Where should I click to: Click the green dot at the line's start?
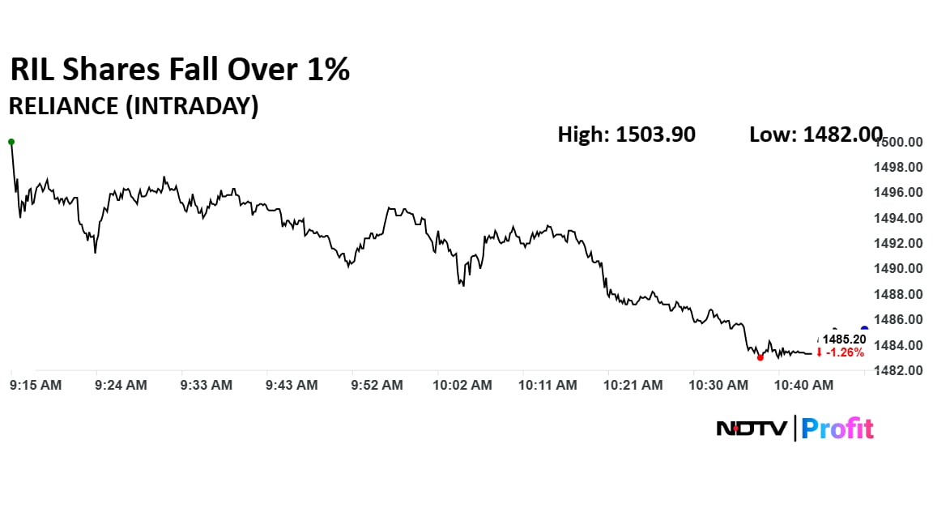click(11, 142)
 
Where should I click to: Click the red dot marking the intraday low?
click(760, 357)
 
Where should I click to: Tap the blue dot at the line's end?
click(864, 329)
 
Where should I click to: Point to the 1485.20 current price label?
click(845, 339)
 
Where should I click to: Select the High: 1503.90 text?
click(626, 134)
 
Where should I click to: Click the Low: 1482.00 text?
click(816, 134)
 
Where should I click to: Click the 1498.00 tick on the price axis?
click(900, 168)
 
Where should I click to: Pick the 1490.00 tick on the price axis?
click(900, 269)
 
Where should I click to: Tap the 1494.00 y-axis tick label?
click(900, 219)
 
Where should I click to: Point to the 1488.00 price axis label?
click(900, 295)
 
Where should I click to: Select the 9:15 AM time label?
click(36, 386)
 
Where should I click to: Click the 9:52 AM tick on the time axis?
click(377, 386)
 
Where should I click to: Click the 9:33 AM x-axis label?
click(206, 386)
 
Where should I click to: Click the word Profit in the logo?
click(837, 428)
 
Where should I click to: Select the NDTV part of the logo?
click(751, 428)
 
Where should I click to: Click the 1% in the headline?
click(329, 70)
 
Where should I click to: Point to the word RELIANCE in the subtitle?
click(62, 106)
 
